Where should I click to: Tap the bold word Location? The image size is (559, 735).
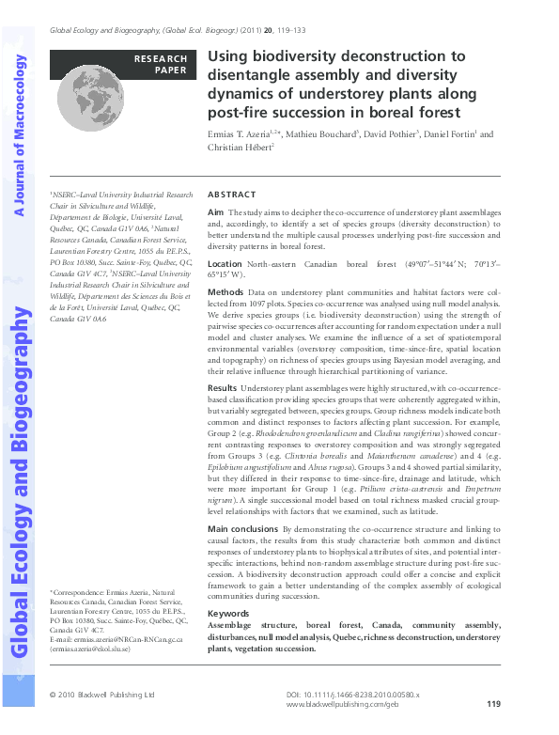point(225,265)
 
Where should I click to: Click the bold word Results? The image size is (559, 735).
point(223,387)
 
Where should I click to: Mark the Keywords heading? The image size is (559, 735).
point(228,614)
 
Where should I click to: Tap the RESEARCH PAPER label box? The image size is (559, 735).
point(160,64)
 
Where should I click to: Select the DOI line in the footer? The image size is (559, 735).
point(351,694)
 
